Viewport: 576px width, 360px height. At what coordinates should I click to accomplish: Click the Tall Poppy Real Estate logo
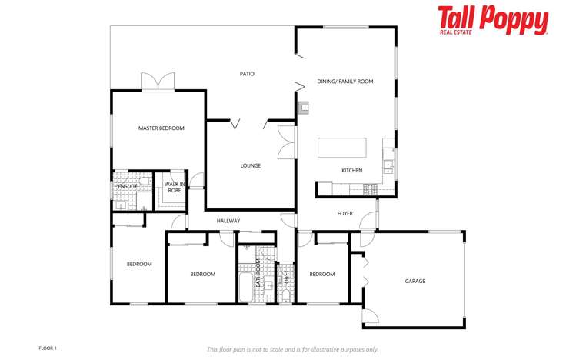[493, 21]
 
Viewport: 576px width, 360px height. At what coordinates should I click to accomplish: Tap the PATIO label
[246, 74]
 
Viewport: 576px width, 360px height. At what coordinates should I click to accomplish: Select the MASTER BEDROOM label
[161, 128]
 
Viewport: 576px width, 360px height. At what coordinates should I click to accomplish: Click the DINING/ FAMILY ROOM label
[345, 81]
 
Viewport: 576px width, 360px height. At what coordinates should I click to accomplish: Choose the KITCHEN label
[352, 171]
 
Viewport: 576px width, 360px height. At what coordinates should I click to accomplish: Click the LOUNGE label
[250, 165]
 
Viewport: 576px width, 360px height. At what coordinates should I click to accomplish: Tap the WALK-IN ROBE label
[175, 187]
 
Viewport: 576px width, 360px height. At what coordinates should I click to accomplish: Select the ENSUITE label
[127, 186]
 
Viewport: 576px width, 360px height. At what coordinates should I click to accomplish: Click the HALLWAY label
[228, 221]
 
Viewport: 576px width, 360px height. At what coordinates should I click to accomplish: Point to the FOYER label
[345, 213]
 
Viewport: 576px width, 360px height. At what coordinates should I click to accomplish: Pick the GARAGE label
[415, 281]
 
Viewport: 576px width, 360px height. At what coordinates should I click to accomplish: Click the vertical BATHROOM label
[258, 271]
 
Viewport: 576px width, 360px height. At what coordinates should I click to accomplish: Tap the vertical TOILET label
[287, 275]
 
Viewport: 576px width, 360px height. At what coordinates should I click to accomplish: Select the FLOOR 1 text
[48, 348]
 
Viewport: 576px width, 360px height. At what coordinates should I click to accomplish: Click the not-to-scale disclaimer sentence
[292, 349]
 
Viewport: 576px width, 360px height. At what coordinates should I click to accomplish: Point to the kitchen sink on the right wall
[388, 164]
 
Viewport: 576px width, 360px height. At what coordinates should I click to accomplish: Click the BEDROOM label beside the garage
[321, 274]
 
